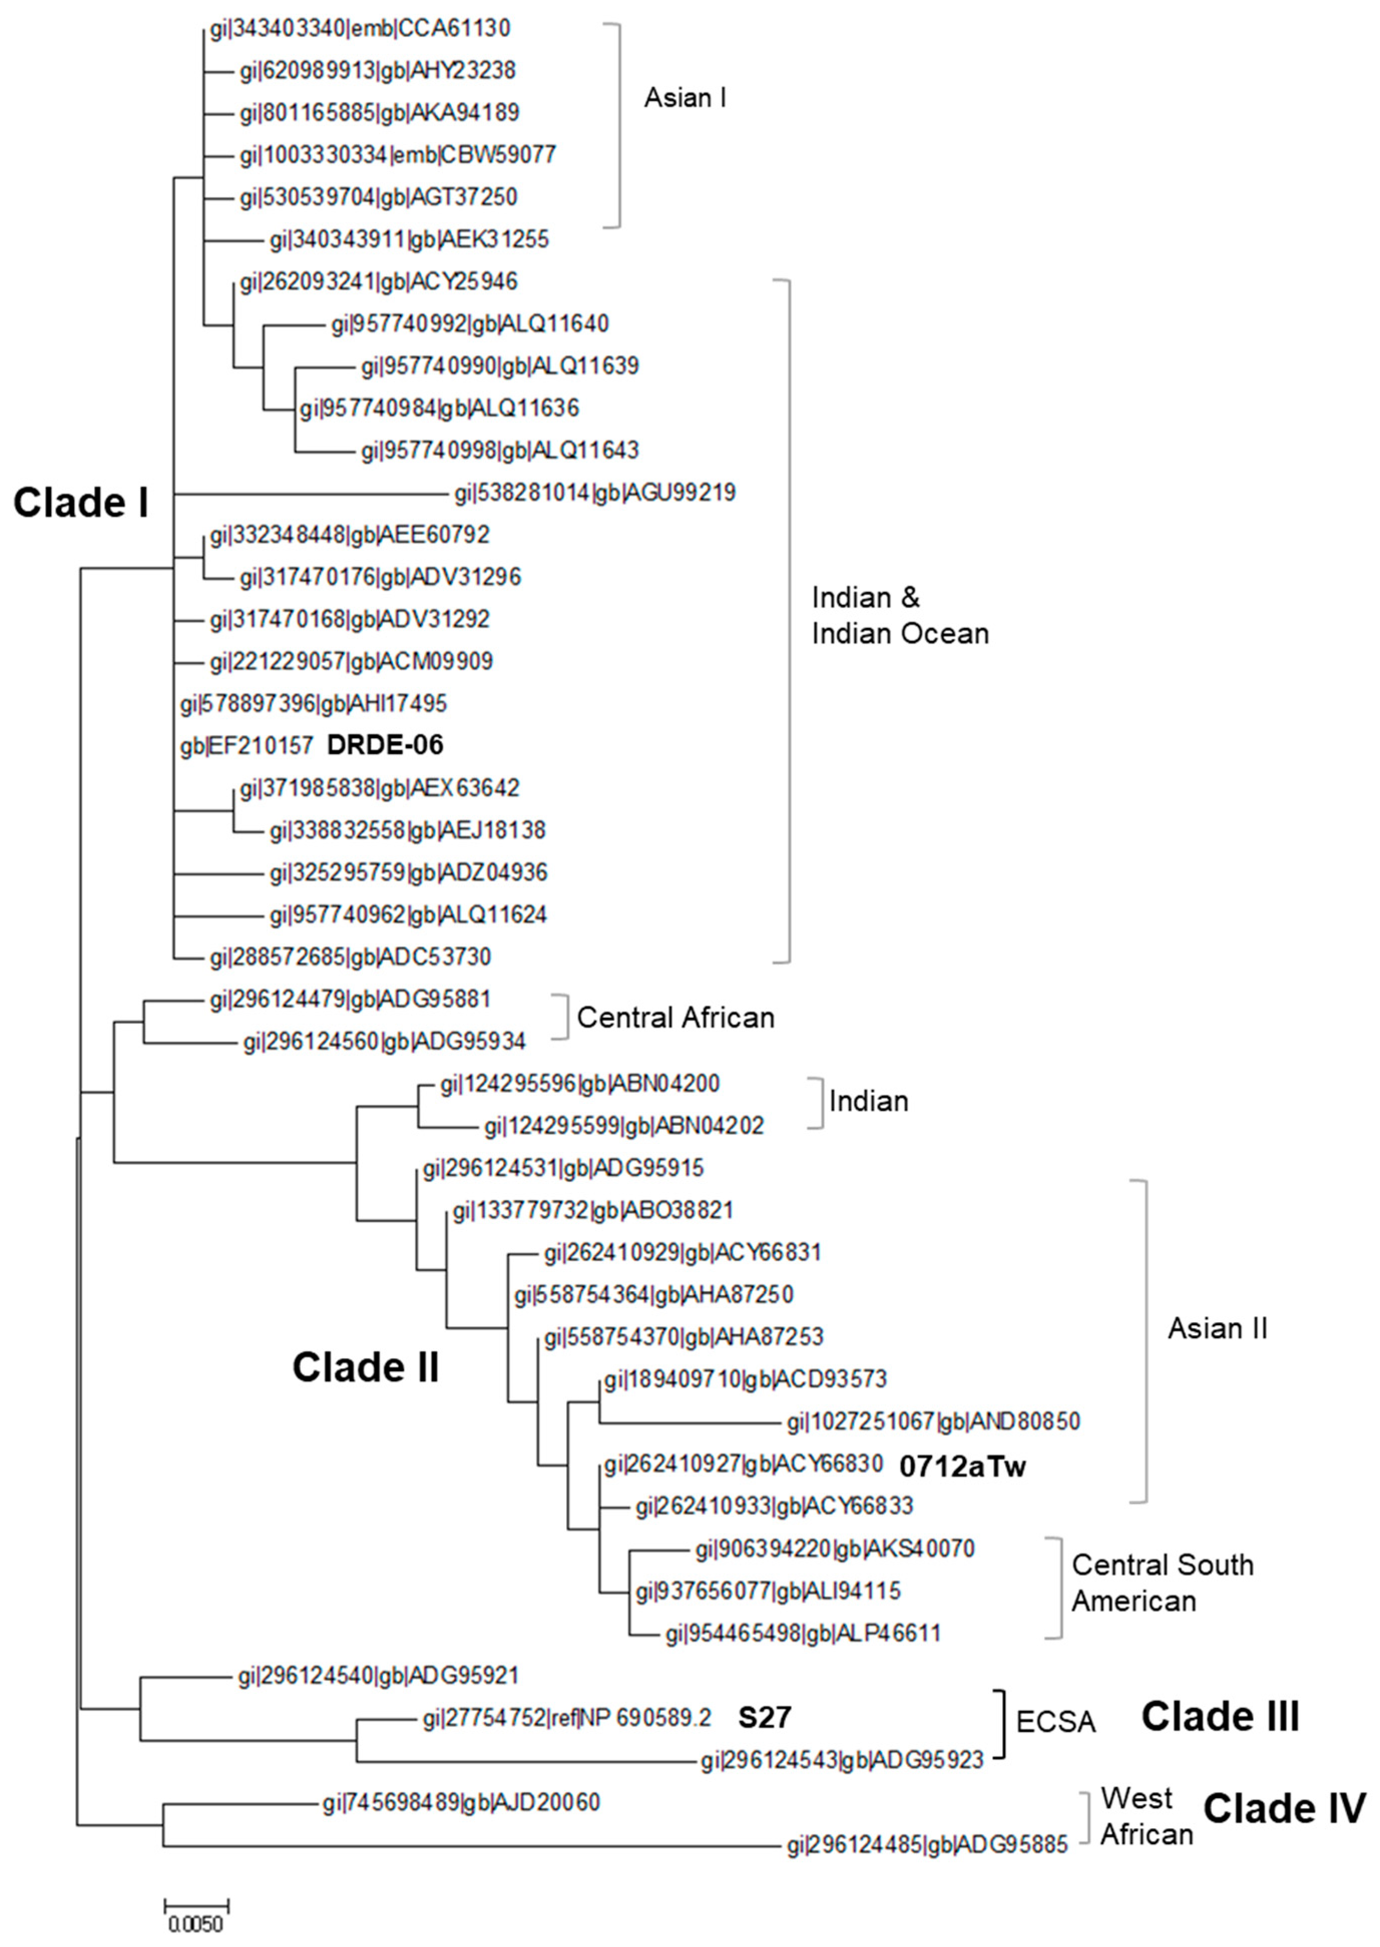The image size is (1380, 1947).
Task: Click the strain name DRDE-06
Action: [385, 745]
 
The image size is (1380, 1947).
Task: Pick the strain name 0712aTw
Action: [963, 1466]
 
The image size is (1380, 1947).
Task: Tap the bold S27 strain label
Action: [764, 1717]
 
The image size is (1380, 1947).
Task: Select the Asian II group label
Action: [1217, 1329]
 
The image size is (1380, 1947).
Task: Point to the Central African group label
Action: [675, 1018]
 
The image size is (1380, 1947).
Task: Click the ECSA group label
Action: [1055, 1722]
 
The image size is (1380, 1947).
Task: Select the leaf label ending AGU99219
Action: [595, 493]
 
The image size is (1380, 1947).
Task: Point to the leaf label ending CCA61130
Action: [360, 29]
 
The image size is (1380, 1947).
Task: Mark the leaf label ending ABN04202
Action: [624, 1126]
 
